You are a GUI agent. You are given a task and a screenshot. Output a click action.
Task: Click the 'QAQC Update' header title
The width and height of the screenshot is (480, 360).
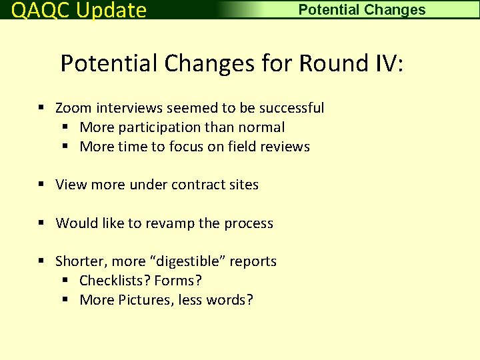point(79,10)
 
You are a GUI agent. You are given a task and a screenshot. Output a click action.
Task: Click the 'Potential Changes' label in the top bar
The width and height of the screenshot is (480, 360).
point(361,10)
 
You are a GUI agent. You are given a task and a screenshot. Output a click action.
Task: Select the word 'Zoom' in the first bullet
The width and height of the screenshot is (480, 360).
point(73,108)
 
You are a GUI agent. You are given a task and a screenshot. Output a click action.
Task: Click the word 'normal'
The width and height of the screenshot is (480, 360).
point(262,127)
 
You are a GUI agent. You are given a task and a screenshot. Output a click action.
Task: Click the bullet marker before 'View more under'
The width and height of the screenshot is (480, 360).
point(41,185)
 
